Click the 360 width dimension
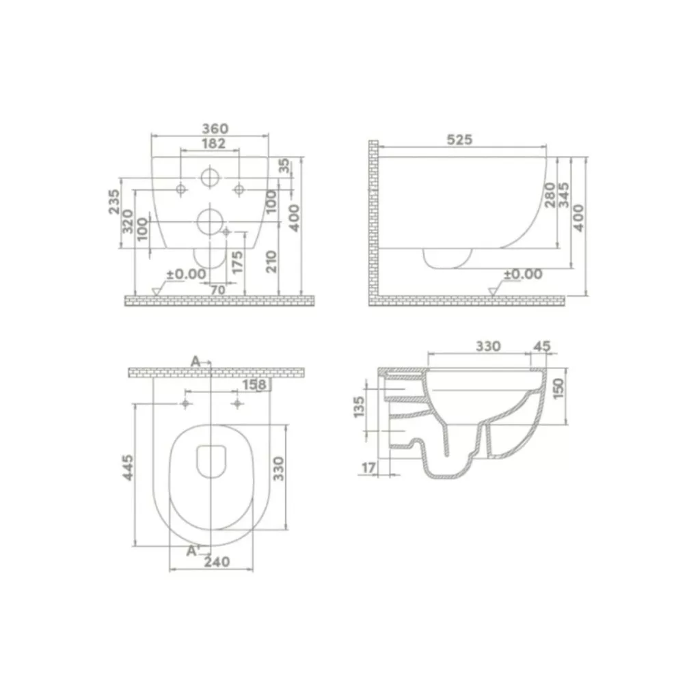click(x=215, y=129)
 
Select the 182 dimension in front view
click(x=214, y=144)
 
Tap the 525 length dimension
click(x=459, y=139)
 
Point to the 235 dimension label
click(x=114, y=202)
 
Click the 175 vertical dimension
click(x=237, y=262)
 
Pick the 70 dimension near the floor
click(x=218, y=290)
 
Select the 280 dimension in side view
click(x=550, y=195)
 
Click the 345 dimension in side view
click(x=564, y=195)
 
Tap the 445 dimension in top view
click(x=128, y=468)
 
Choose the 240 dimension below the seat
click(x=217, y=562)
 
